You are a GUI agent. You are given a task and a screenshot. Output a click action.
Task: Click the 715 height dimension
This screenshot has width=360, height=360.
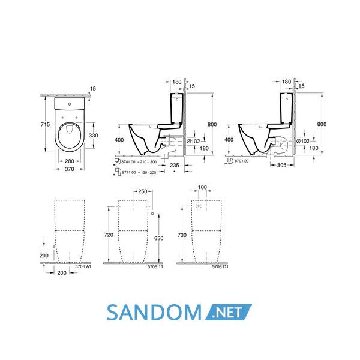[x=45, y=124]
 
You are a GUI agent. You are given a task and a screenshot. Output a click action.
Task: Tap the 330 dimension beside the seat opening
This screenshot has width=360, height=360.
[x=94, y=136]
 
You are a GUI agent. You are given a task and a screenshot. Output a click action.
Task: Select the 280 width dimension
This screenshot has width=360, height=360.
[x=70, y=161]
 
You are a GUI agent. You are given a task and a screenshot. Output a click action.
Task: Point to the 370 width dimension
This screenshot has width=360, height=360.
[x=70, y=169]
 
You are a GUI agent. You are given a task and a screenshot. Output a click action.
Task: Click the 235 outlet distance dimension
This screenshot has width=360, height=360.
[x=175, y=166]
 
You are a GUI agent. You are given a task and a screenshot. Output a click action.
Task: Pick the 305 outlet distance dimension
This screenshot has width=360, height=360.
[x=282, y=165]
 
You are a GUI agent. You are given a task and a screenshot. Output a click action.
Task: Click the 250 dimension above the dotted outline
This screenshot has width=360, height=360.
[x=143, y=191]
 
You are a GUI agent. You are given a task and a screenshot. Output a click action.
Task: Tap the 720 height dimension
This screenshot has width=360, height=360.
[x=109, y=235]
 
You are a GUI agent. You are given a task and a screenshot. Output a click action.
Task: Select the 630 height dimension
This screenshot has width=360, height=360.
[x=158, y=238]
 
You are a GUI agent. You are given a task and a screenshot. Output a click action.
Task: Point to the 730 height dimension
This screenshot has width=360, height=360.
[x=182, y=235]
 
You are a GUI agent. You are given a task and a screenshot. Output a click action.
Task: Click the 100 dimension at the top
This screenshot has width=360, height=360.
[x=202, y=187]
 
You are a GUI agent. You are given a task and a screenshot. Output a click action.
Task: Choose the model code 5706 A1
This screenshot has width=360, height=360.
[x=83, y=266]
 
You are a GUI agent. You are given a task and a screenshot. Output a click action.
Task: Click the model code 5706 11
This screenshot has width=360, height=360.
[x=155, y=266]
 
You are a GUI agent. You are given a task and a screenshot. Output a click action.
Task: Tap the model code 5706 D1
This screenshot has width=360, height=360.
[x=220, y=266]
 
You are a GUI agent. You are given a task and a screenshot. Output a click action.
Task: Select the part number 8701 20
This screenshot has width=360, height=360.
[x=242, y=161]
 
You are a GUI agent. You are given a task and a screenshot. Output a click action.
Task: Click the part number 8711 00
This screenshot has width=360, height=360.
[x=129, y=172]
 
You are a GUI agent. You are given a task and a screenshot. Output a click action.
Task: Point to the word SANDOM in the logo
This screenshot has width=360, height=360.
[x=154, y=312]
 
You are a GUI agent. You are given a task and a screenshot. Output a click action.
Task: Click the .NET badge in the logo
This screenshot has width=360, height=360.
[x=228, y=312]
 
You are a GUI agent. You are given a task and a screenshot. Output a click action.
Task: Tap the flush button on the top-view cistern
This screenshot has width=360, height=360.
[x=70, y=104]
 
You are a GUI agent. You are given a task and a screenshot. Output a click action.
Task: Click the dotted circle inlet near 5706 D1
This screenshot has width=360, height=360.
[x=199, y=206]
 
